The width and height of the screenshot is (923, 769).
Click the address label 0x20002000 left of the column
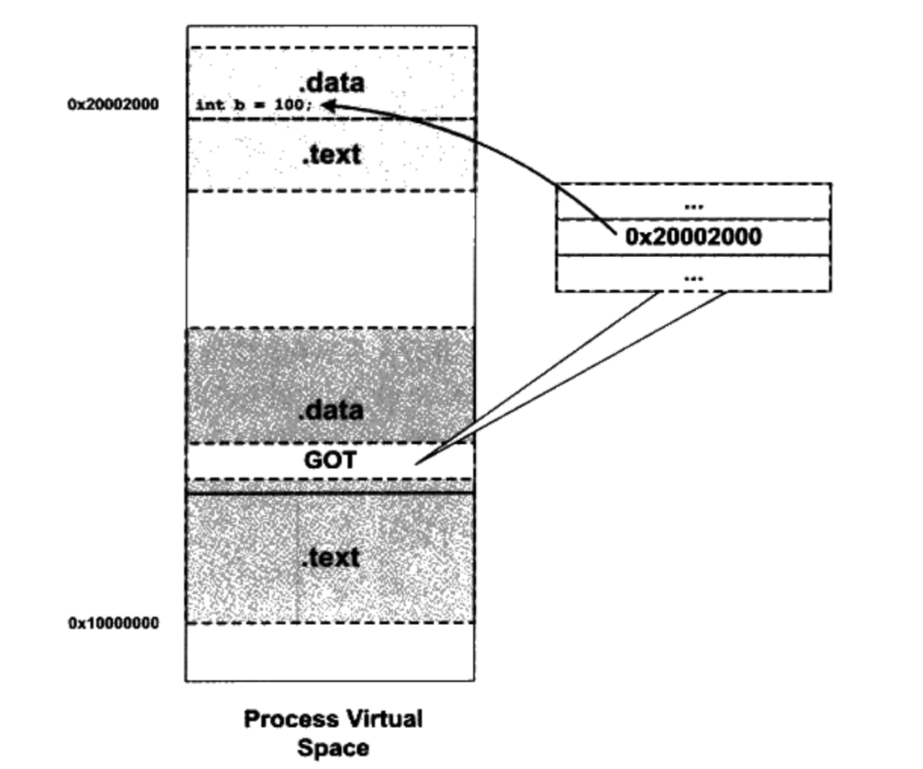[x=113, y=105]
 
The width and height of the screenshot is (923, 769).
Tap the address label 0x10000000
[x=113, y=623]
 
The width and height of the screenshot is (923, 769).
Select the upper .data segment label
[x=332, y=82]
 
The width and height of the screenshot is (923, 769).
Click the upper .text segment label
[x=332, y=154]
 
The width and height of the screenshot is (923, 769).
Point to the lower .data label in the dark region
[x=332, y=410]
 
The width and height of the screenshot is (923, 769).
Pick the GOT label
[x=330, y=460]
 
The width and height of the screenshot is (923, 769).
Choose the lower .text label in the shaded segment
[x=330, y=557]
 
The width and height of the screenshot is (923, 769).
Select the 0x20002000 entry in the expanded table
[x=694, y=237]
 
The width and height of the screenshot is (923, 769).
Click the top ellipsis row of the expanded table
[x=694, y=204]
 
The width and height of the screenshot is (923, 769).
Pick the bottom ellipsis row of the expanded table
[x=694, y=275]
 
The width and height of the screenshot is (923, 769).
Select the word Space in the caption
[x=333, y=747]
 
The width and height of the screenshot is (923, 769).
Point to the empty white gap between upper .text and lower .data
[x=330, y=260]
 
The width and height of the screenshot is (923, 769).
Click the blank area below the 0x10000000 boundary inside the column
[x=330, y=652]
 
